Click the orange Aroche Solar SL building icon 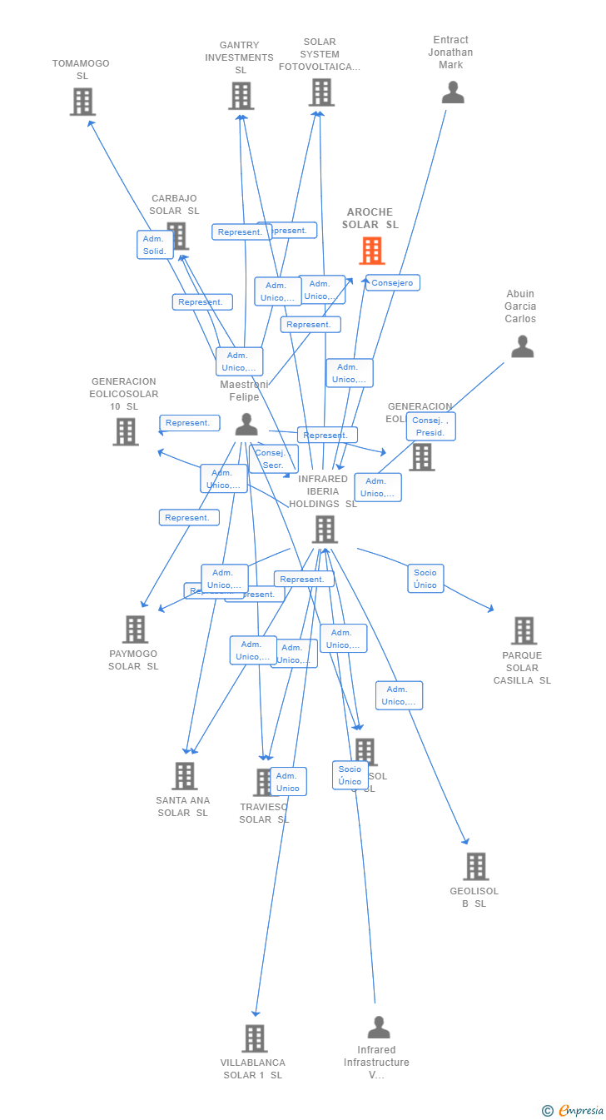pos(371,251)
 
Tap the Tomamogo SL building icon pos(82,102)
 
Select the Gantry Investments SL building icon pos(241,96)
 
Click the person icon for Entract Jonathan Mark pos(452,92)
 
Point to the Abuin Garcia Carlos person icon pos(522,346)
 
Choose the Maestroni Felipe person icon pos(246,425)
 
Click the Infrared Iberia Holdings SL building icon pos(324,529)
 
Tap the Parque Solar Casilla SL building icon pos(523,630)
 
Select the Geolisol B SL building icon pos(475,866)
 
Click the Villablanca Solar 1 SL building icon pos(254,1038)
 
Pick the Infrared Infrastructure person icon pos(378,1027)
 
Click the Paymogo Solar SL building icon pos(135,629)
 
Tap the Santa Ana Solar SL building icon pos(184,775)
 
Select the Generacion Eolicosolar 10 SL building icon pos(125,431)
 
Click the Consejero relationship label pos(392,283)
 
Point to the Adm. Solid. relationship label pos(155,245)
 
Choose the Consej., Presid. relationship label pos(430,426)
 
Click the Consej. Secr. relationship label pos(273,459)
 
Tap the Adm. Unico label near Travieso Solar pos(288,781)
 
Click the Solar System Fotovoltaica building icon pos(321,92)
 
